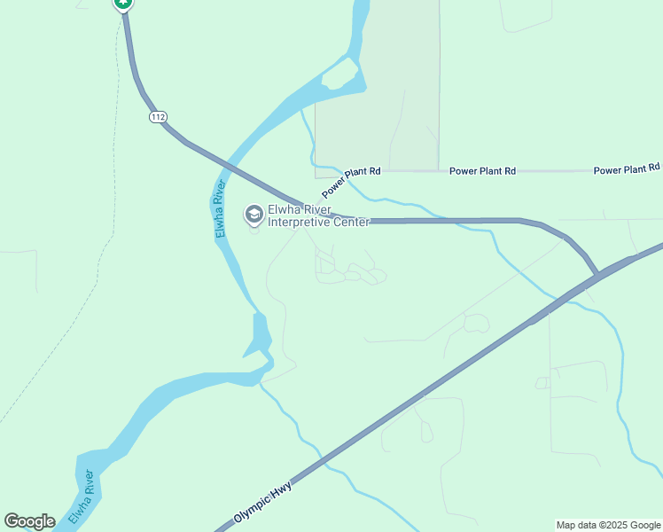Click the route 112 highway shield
[159, 117]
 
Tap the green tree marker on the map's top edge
[123, 4]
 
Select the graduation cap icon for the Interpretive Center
[253, 214]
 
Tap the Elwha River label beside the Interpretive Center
[218, 208]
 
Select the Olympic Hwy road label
[263, 504]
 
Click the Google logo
[29, 521]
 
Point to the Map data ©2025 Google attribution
[609, 525]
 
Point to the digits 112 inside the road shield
[159, 117]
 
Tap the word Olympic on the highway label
[252, 511]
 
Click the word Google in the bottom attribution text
[644, 525]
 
